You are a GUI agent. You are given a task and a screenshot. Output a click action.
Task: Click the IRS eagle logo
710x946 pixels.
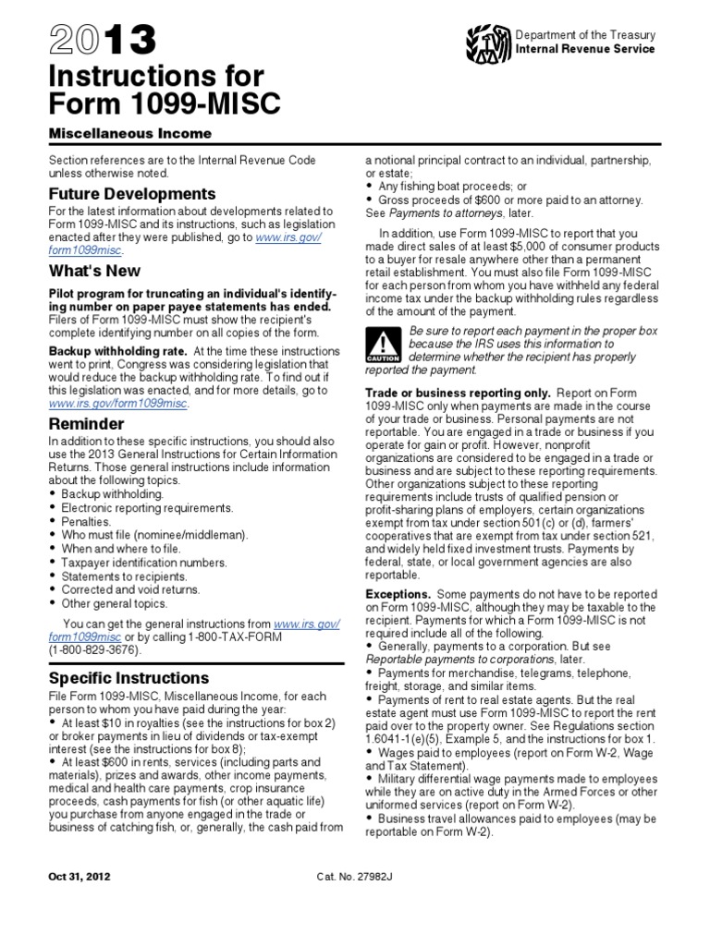click(x=489, y=42)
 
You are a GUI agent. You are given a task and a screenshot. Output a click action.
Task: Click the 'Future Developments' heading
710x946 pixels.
click(x=132, y=194)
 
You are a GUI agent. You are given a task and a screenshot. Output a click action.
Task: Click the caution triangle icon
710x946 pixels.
click(x=381, y=345)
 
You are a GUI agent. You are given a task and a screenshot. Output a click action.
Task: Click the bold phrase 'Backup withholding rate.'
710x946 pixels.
click(x=107, y=350)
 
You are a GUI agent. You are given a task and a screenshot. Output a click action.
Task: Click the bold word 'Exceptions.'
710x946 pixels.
click(x=398, y=592)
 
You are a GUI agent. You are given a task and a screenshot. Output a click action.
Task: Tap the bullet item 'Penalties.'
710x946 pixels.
click(x=87, y=522)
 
